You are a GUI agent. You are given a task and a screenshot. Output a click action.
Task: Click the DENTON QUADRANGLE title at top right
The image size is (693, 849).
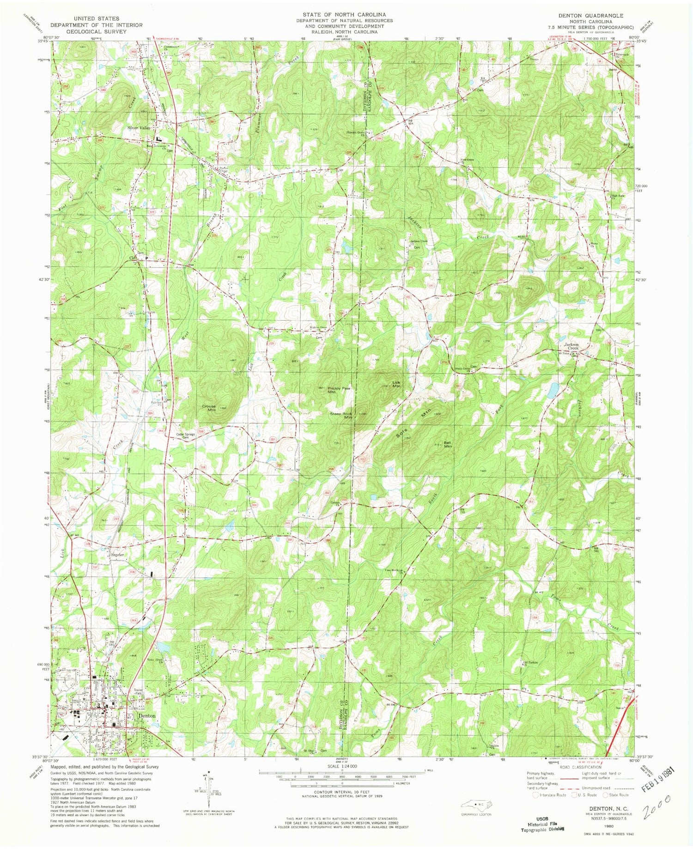click(590, 16)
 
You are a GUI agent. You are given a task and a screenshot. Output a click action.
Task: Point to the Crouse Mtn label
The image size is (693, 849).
click(209, 408)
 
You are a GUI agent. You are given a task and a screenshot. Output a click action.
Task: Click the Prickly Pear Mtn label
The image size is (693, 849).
click(339, 390)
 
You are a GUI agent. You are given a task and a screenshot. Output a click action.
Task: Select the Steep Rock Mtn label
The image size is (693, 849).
click(341, 415)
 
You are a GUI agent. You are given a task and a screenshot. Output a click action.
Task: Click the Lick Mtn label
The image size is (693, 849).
click(396, 384)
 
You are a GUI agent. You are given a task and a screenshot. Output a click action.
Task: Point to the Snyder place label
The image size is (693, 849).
click(118, 555)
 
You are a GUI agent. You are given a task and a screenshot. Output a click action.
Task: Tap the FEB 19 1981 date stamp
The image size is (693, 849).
click(658, 780)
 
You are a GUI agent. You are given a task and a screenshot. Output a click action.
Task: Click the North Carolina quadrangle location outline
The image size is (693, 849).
click(476, 805)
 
